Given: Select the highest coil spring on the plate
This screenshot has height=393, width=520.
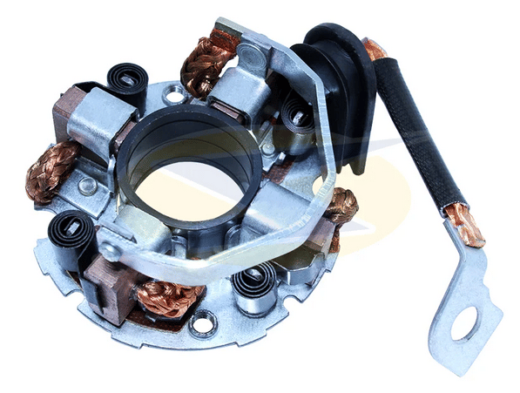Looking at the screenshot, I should pos(128,82).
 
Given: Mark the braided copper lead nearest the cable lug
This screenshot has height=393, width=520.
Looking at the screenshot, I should pos(341,207).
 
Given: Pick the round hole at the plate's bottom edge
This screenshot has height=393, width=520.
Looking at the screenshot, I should pos(203,326).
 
